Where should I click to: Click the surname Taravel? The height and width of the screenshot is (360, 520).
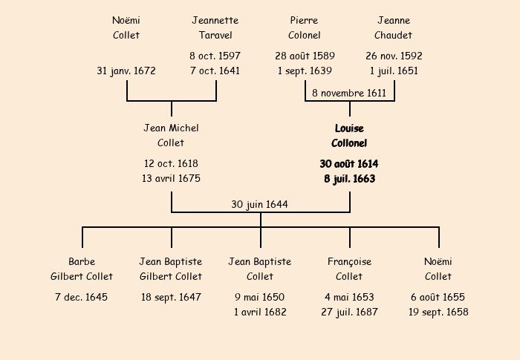(215, 35)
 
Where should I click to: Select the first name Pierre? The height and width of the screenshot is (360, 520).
(305, 20)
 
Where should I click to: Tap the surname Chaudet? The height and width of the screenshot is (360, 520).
(394, 35)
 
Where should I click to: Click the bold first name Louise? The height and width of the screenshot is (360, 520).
(349, 128)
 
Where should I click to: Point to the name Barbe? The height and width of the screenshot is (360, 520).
(82, 261)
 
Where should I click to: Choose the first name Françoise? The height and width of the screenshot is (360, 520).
(349, 261)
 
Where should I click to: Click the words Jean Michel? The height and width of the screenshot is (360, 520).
(171, 128)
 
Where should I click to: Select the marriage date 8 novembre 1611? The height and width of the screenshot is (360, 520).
(349, 93)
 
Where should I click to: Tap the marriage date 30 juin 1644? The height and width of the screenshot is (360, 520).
(259, 204)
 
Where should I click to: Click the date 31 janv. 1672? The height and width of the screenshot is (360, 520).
(126, 71)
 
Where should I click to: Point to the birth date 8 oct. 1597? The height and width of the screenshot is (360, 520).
(215, 56)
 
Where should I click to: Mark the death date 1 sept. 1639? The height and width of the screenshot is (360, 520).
(305, 71)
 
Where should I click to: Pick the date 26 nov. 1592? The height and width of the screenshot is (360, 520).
(394, 56)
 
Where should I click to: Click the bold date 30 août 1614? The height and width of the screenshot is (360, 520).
(349, 163)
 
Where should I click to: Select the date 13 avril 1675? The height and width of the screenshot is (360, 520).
(171, 178)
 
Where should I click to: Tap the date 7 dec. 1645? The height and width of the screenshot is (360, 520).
(82, 297)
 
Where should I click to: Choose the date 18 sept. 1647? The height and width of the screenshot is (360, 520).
(171, 297)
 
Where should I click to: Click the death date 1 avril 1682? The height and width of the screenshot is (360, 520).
(260, 312)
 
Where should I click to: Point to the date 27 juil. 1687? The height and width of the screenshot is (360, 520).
(349, 312)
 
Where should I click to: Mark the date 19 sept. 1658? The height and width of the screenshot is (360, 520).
(438, 312)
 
